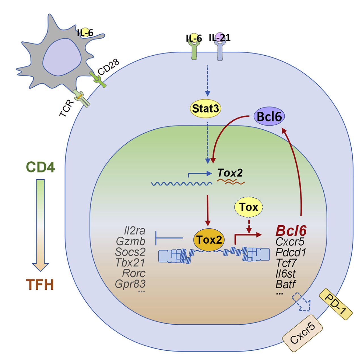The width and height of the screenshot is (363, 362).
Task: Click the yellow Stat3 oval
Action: [x=205, y=109]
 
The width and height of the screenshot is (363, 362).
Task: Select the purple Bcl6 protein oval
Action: [x=269, y=117]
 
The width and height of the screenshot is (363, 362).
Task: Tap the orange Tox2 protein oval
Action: [x=209, y=240]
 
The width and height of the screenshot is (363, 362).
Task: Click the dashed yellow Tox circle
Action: [x=249, y=207]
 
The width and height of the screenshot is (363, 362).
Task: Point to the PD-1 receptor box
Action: [x=336, y=304]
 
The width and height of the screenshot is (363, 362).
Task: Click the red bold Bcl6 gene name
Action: [x=291, y=231]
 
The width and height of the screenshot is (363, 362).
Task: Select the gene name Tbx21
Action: [x=130, y=263]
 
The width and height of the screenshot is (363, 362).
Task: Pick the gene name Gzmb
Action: [x=131, y=241]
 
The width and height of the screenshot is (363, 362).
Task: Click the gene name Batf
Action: [x=285, y=284]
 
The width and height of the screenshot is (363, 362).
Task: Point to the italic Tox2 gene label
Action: [x=230, y=173]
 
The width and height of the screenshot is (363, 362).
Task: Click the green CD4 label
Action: [x=40, y=167]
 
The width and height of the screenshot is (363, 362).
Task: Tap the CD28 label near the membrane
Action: [x=109, y=67]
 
